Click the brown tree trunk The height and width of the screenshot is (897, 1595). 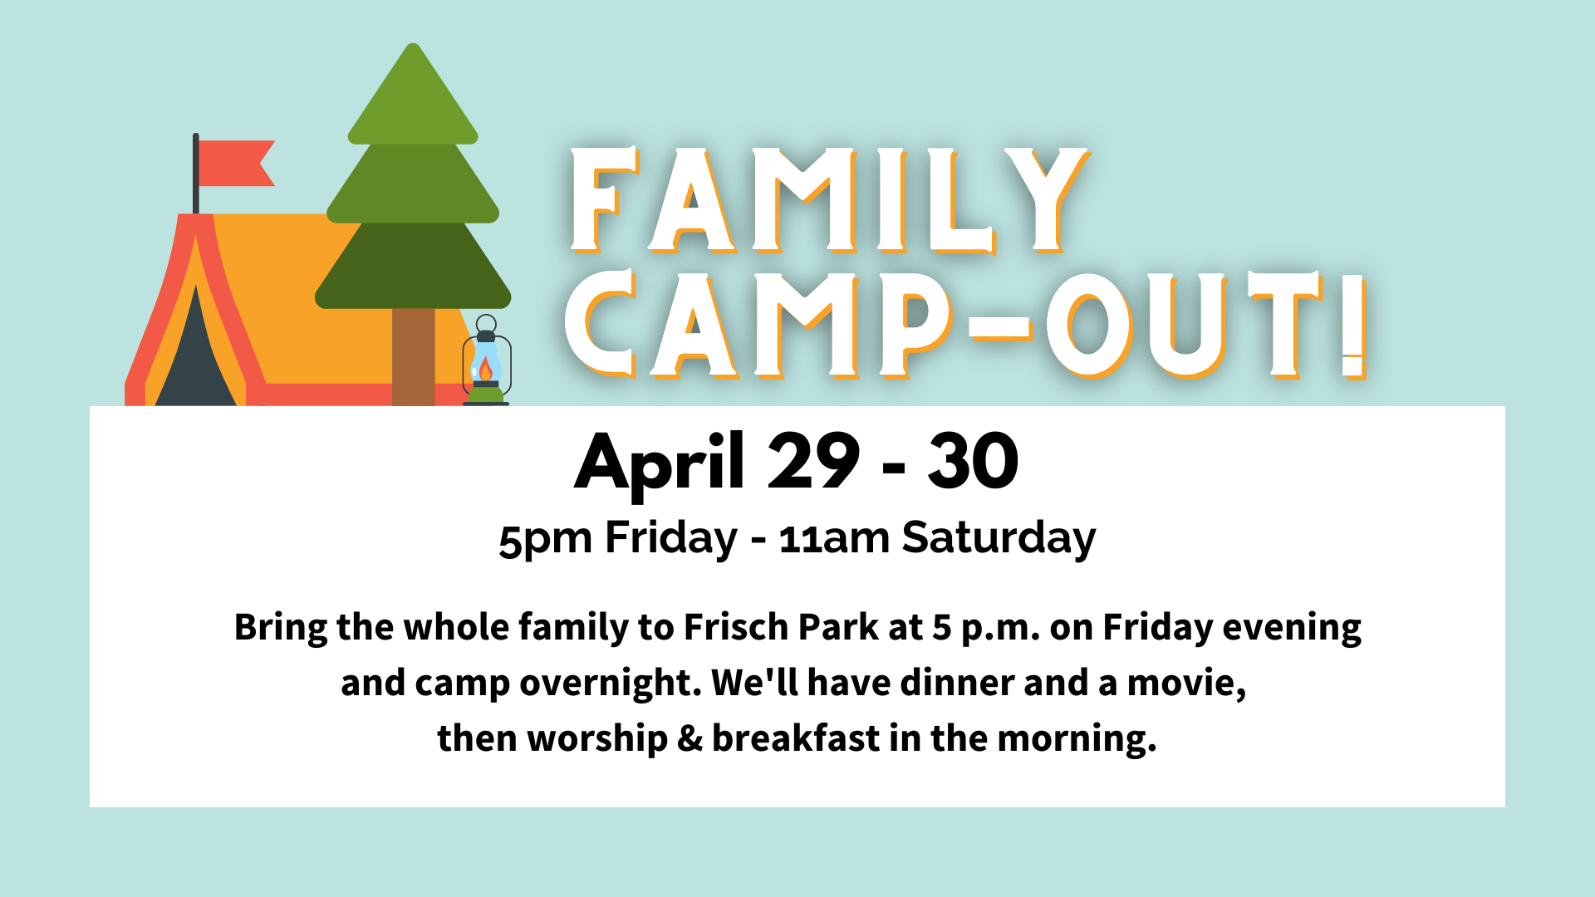pos(413,356)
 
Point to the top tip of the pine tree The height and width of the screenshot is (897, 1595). pos(413,44)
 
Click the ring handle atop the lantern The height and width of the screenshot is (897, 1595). pos(486,324)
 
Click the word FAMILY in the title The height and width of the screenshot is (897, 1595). pos(829,200)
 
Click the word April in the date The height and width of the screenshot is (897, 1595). pos(660,463)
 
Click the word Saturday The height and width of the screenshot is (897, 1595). pos(999,538)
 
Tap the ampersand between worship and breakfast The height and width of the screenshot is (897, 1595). pos(690,738)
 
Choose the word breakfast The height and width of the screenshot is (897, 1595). pos(796,738)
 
